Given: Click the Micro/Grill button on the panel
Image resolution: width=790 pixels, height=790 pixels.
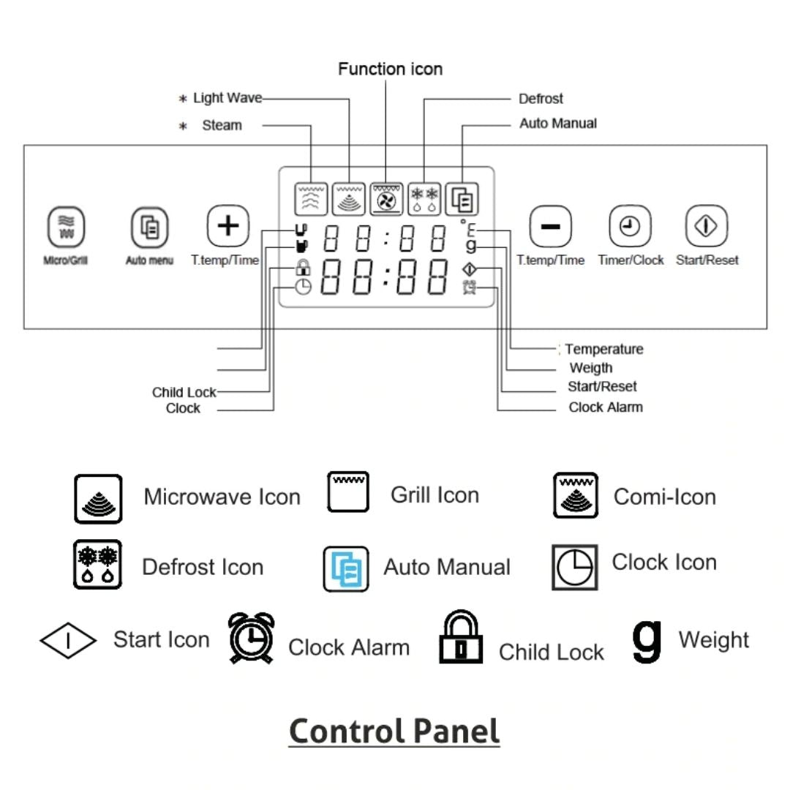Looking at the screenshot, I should [66, 227].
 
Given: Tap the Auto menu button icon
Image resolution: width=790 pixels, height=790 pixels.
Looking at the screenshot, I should [149, 227].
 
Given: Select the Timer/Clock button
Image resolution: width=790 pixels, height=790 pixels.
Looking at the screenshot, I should [630, 227].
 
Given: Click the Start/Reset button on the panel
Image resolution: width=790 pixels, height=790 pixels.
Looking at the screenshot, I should [706, 227].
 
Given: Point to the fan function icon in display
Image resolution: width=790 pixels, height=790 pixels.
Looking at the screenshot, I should [386, 198].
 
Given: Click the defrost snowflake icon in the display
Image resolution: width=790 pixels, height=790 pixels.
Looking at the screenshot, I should [424, 198].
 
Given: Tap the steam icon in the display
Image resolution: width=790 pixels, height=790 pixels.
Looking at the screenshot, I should [311, 198].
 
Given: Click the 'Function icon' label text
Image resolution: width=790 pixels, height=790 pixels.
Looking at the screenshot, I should [390, 69].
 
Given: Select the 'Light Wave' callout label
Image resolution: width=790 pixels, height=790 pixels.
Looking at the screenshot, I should [227, 98].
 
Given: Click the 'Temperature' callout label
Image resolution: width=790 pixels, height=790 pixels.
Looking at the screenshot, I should [603, 350].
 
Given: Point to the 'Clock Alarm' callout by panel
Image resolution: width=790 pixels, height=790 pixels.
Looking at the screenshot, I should [606, 407].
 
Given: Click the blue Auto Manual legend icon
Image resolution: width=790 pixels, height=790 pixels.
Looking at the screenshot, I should [346, 568].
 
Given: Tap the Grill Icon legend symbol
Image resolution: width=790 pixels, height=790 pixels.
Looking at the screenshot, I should [347, 492].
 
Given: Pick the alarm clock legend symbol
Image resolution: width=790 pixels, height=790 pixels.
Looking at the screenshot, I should [251, 638].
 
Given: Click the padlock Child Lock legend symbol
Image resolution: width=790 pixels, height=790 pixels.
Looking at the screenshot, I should [461, 638].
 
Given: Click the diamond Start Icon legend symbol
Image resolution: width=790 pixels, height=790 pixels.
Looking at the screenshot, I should [67, 642].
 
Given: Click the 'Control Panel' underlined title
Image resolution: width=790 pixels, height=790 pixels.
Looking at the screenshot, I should [394, 731].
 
